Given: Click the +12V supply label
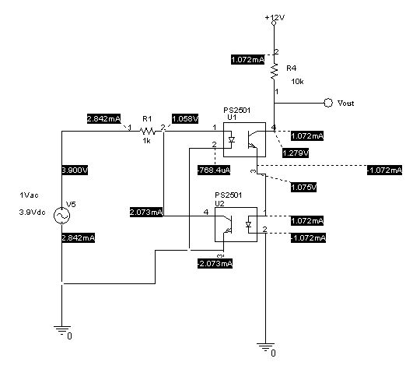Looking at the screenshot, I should (x=274, y=16).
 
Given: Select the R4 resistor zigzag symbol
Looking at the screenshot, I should (x=274, y=71).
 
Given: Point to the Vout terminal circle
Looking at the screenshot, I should (x=328, y=102).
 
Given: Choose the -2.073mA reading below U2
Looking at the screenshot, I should (x=215, y=264).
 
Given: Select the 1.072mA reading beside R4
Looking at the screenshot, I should (x=249, y=59).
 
